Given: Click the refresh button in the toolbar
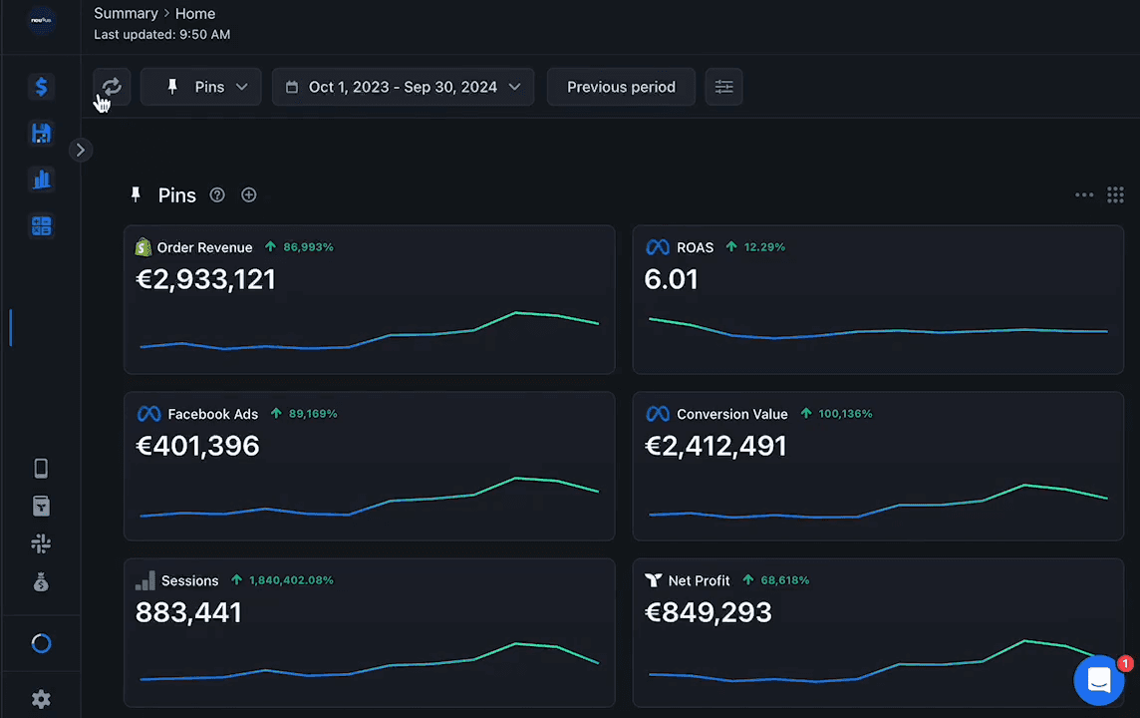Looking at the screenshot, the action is pos(112,87).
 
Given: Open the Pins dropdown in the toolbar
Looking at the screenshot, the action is pos(200,87).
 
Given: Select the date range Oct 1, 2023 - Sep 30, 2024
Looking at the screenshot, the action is pos(403,87).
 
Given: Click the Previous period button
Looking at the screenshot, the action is pos(621,87).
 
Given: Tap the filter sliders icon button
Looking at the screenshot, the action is pos(723,87).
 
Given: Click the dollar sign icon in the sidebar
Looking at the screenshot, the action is pos(42,87).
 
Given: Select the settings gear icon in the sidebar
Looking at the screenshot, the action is pos(42,699).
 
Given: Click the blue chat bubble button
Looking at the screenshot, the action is pos(1098,680).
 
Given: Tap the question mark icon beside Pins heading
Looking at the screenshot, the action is pos(217,195).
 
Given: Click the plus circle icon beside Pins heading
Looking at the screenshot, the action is pos(249,195).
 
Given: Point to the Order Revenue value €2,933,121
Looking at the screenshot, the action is pos(205,279).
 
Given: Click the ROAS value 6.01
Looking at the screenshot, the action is pos(671,279).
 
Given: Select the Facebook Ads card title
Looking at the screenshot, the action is pos(213,414).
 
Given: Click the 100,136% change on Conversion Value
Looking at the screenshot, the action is pos(846,413).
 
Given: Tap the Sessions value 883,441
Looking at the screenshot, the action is pos(188,612).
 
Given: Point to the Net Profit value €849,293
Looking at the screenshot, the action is pos(709,612).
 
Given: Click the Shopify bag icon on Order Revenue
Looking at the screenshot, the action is pos(143,247).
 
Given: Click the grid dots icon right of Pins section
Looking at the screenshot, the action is pos(1115,195).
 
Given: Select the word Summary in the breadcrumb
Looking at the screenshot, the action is pos(126,13).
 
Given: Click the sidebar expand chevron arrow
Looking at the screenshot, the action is pos(81,150).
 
